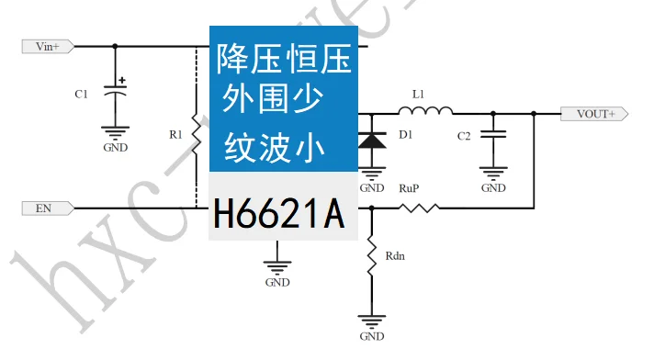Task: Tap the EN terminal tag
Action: click(x=44, y=208)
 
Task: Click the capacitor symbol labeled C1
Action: click(x=115, y=92)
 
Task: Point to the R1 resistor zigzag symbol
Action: click(x=196, y=135)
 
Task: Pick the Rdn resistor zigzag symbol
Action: click(x=372, y=256)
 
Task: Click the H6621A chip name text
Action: click(x=278, y=216)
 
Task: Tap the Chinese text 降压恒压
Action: click(x=283, y=62)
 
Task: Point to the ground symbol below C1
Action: click(x=115, y=131)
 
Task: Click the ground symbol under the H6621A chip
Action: click(x=277, y=266)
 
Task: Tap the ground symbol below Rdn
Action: click(x=372, y=321)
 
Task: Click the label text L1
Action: click(x=419, y=94)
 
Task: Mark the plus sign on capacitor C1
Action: click(x=122, y=80)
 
